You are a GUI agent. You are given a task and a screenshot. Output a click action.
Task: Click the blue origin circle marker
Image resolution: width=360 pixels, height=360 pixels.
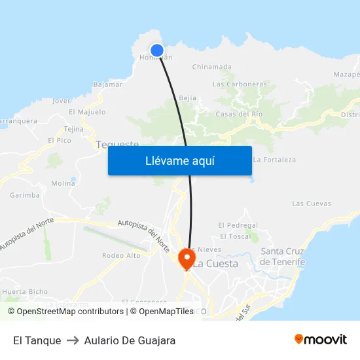tap(157, 50)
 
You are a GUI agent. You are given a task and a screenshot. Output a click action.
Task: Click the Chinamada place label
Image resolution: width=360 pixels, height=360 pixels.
tap(211, 67)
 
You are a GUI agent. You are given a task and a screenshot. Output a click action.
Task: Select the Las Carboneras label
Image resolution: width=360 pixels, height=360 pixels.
tap(240, 84)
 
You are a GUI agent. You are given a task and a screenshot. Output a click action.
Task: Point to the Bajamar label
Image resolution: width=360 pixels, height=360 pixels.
tap(108, 84)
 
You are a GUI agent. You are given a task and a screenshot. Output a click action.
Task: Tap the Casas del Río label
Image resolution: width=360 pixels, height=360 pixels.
tap(239, 114)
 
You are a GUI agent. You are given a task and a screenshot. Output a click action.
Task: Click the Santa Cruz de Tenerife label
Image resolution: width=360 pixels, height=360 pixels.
tap(283, 257)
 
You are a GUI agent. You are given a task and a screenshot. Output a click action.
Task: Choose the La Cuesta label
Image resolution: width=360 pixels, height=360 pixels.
tap(215, 264)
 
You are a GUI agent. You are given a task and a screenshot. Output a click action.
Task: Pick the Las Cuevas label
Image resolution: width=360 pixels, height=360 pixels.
tap(312, 204)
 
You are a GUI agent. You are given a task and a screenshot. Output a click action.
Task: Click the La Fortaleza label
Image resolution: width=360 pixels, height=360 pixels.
tap(274, 160)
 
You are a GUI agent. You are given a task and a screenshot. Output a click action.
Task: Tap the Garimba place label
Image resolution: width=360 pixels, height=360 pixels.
tap(25, 195)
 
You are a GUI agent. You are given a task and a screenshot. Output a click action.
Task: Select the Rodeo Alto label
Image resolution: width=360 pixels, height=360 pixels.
tap(121, 255)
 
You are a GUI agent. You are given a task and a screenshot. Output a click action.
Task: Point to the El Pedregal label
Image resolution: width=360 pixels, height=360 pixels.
tap(238, 225)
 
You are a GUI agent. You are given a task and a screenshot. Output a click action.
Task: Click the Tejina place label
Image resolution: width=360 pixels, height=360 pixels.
tap(73, 129)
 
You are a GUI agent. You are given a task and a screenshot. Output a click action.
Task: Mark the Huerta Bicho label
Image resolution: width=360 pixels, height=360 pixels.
tap(25, 291)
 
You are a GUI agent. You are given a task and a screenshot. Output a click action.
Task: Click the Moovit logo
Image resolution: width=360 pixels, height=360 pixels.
tap(321, 340)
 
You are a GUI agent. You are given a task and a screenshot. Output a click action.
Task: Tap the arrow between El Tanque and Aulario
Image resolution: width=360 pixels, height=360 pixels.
tap(73, 340)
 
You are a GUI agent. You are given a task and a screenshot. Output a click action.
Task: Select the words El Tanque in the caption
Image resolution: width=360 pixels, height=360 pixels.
tap(37, 340)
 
